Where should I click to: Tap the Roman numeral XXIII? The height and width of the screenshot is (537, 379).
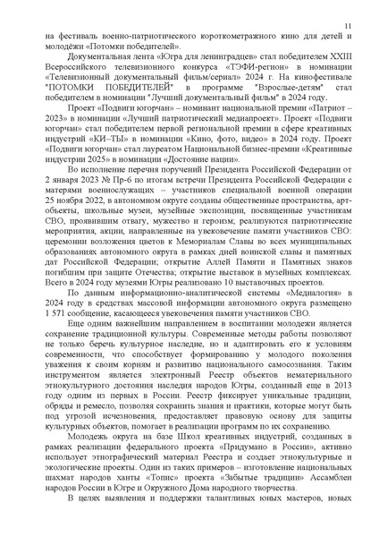341,64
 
